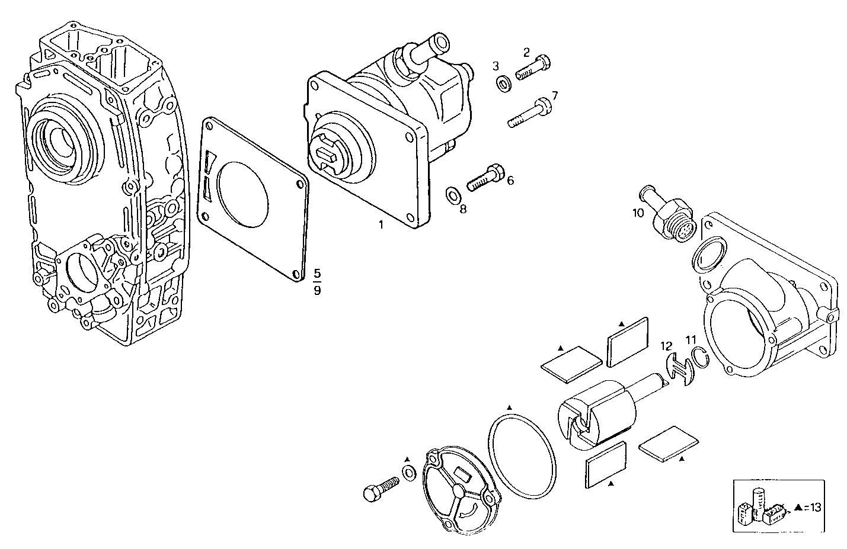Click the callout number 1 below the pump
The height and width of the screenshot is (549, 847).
(x=381, y=225)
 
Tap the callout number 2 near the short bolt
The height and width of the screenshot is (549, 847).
(x=526, y=52)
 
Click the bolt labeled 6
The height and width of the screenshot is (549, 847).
(x=485, y=178)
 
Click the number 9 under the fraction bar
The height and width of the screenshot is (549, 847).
(x=318, y=291)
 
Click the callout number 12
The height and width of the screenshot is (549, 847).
(x=667, y=345)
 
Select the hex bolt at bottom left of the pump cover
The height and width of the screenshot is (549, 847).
(x=380, y=487)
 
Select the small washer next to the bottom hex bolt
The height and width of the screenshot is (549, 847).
(x=408, y=473)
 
